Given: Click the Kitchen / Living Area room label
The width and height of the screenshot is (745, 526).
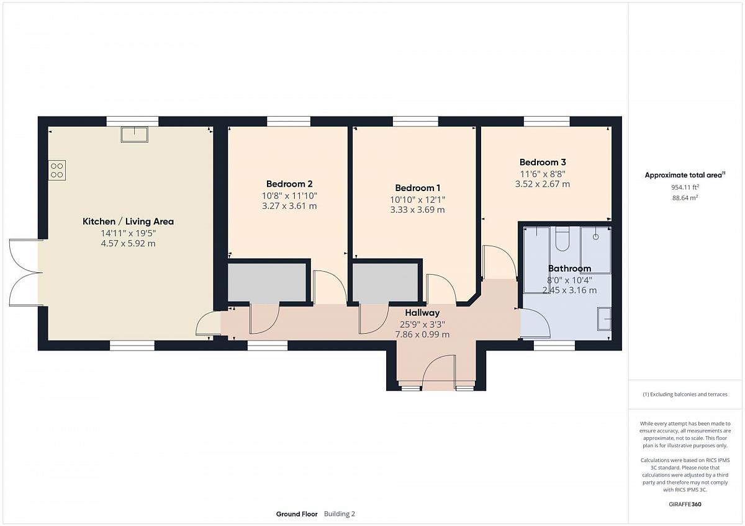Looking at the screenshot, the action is pos(128,221).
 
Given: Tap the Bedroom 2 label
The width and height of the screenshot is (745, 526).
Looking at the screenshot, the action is pos(289,184).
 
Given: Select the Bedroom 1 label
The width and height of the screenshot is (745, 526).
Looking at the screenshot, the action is pos(417,188).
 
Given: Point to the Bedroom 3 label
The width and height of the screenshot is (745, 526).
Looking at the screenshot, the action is pos(543,162).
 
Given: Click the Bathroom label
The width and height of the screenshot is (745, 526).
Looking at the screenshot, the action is pos(569,269).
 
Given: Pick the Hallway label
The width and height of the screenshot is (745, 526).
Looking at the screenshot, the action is pos(422,313).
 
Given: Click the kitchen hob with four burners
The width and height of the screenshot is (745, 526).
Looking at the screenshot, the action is pos(57,171).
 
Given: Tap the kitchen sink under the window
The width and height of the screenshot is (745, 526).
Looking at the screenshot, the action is pos(134,134).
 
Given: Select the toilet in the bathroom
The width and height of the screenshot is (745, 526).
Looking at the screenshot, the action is pos(562,239).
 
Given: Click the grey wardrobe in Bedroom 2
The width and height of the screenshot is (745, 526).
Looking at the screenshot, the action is pos(267,282).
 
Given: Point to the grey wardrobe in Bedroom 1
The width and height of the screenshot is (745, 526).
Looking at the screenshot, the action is pos(385,282).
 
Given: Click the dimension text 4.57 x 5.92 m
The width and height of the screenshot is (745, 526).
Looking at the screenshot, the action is pos(128,244).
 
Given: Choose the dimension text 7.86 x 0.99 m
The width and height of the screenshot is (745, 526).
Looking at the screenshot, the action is pos(422,334).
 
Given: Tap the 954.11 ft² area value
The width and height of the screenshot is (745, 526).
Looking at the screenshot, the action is pos(685,187).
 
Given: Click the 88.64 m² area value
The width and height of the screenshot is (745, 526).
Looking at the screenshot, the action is pos(685,198).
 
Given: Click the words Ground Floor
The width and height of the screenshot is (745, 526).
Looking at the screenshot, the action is pos(297,514).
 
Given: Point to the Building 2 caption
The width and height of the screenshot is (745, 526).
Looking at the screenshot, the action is pos(339,514).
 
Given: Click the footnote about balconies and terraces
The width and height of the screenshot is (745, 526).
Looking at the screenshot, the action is pos(685,394).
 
